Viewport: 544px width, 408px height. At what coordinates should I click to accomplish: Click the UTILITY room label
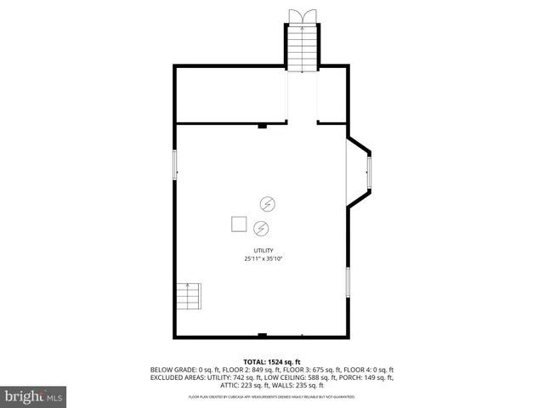[263, 250]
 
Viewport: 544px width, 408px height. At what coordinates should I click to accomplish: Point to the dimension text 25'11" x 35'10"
[263, 258]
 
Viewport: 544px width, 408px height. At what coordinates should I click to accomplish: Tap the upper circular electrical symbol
[267, 204]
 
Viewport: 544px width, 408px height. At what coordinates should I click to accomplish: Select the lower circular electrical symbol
[261, 227]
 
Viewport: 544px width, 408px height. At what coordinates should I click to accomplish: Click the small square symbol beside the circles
[239, 224]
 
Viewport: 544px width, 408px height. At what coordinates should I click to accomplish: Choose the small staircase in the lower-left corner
[190, 297]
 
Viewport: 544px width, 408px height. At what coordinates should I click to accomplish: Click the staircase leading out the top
[302, 48]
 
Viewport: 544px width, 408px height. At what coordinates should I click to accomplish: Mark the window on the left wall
[176, 164]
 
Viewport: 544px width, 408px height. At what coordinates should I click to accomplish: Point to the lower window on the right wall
[348, 281]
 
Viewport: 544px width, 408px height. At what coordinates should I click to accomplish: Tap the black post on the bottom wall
[263, 334]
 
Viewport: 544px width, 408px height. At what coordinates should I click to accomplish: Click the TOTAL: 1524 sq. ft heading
[271, 361]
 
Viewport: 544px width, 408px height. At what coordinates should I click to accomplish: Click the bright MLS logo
[34, 396]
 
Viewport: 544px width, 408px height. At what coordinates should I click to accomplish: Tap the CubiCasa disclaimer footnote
[271, 396]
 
